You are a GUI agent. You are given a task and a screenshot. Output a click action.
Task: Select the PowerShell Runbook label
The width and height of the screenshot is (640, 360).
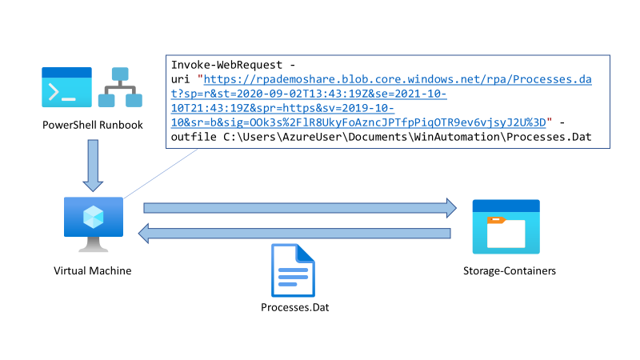(92, 126)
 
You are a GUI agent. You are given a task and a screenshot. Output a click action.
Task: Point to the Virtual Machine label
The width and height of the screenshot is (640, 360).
(92, 271)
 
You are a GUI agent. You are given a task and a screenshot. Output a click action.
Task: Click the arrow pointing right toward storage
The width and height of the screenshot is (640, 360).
(299, 208)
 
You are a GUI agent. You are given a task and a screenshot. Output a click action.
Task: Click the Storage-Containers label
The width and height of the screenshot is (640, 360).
(509, 271)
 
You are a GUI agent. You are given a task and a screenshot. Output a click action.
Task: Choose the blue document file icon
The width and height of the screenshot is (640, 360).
(294, 269)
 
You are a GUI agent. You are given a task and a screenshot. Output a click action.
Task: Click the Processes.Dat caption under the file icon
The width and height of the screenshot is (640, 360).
(294, 308)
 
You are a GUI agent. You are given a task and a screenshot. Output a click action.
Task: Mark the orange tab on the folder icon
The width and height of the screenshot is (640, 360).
(497, 219)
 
